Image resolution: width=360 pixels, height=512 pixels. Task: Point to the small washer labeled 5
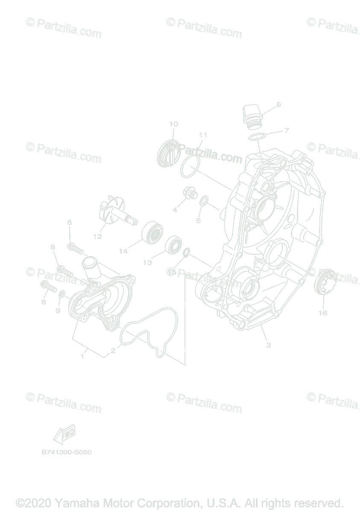[204, 201]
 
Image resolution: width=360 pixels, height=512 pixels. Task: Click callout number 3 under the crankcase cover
[268, 345]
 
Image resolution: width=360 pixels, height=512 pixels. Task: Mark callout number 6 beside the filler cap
[278, 104]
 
